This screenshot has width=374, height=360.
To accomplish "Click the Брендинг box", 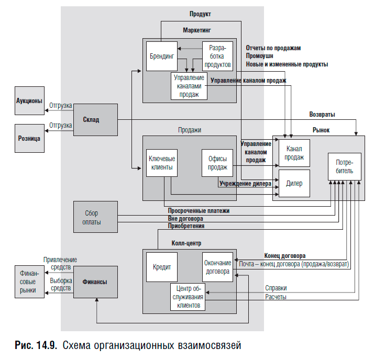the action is click(x=162, y=56).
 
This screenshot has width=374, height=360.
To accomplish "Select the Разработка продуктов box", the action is click(x=217, y=56).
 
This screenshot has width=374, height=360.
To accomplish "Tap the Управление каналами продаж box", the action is click(x=189, y=86).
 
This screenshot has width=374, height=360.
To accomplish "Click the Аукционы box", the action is click(x=29, y=101).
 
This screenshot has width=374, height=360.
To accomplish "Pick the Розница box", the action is click(x=29, y=138).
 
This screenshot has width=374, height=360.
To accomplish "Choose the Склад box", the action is click(x=95, y=120).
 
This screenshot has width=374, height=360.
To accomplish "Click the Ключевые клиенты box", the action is click(x=162, y=163).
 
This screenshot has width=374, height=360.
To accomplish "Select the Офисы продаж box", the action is click(x=217, y=163).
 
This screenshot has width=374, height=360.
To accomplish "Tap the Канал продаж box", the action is click(x=294, y=153).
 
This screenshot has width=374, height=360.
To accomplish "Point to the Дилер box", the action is click(x=294, y=183).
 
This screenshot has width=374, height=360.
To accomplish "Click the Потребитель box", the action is click(x=345, y=166).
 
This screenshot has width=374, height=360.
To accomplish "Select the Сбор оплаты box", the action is click(x=95, y=217).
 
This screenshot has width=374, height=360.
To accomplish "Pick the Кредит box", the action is click(x=162, y=267).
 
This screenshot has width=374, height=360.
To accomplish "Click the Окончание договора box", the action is click(x=217, y=267).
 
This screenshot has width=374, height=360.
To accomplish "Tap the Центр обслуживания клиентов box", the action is click(x=188, y=297).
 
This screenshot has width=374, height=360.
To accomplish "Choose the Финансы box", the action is click(x=95, y=282).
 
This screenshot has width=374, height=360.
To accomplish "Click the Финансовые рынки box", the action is click(x=29, y=282).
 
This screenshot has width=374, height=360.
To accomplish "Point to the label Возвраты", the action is click(x=322, y=115).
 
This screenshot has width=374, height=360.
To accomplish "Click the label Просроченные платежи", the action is click(x=199, y=211).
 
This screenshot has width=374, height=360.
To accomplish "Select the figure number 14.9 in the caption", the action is click(x=47, y=345).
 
